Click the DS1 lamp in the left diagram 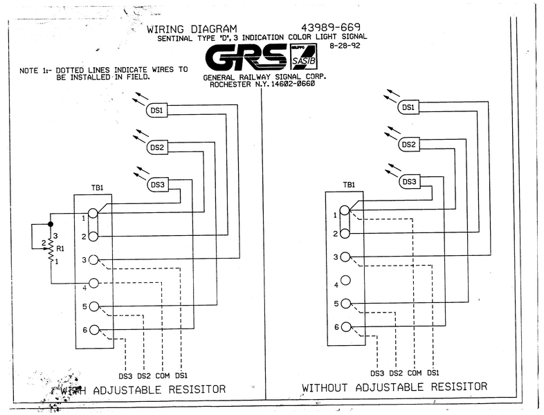tap(157, 110)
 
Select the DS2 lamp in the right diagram tap(408, 145)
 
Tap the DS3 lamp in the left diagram tap(158, 185)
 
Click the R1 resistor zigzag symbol tap(51, 248)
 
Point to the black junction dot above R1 tap(51, 224)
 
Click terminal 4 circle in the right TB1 tap(345, 280)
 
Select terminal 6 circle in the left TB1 tap(94, 330)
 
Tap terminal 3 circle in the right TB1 tap(345, 257)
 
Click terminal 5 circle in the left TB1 tap(94, 306)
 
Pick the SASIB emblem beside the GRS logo tap(303, 57)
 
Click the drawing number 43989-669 tap(331, 28)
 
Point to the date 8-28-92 tap(345, 46)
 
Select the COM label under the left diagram tap(163, 376)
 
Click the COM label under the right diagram tap(415, 373)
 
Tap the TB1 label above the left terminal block tap(98, 188)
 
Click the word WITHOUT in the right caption tap(325, 387)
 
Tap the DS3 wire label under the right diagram tap(377, 373)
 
